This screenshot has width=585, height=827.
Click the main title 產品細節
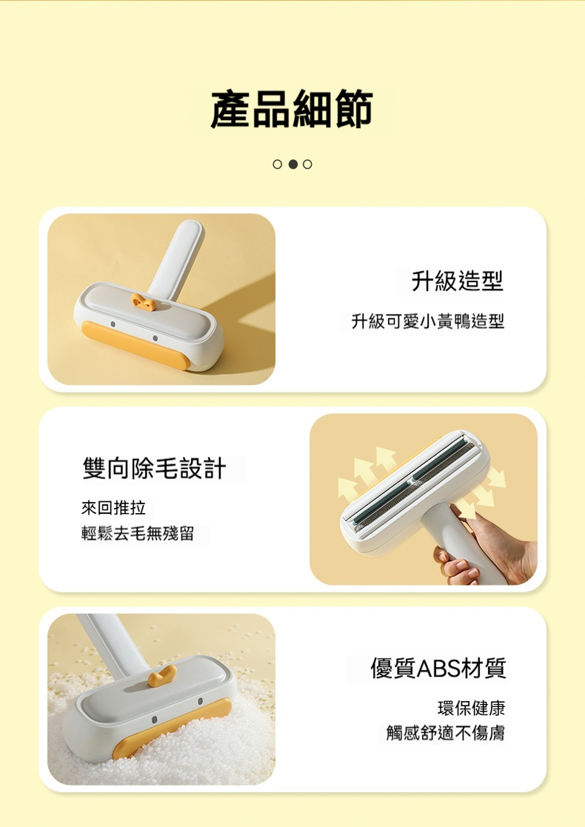[292, 109]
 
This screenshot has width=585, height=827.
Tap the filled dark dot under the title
[292, 164]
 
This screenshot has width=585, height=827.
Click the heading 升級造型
[457, 280]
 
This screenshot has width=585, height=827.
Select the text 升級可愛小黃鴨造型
[428, 321]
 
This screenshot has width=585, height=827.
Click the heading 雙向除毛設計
[155, 468]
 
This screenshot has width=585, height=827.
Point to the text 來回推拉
[113, 507]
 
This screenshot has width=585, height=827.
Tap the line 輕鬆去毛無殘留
[138, 533]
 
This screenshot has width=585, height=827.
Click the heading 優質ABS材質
[438, 668]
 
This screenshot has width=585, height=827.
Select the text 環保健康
[472, 708]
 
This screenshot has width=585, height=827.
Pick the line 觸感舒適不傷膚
[446, 732]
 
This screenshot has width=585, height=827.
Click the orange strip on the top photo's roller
[135, 345]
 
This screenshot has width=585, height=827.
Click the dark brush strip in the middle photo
[414, 480]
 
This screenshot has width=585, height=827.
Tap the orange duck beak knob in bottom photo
[161, 676]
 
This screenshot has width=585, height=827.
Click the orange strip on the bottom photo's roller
[172, 728]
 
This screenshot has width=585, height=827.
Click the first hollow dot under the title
[278, 164]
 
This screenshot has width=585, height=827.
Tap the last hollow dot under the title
[307, 164]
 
